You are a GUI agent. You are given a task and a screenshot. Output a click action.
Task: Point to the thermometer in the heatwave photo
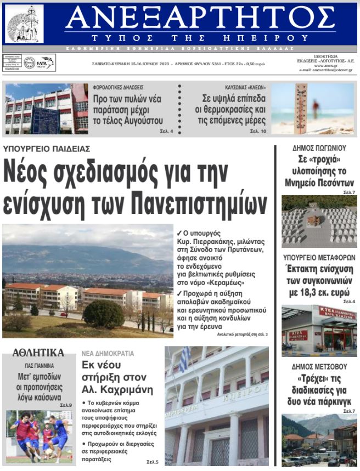pyautogui.click(x=301, y=106)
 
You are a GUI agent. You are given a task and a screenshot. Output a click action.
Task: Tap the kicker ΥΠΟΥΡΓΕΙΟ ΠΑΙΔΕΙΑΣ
pyautogui.click(x=47, y=149)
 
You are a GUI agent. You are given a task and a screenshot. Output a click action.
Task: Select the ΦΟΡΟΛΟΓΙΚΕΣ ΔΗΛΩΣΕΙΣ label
pyautogui.click(x=118, y=87)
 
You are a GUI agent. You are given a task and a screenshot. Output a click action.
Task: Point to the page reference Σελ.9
pyautogui.click(x=66, y=405)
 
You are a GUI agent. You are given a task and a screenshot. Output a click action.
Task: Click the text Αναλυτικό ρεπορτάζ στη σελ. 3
pyautogui.click(x=242, y=333)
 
